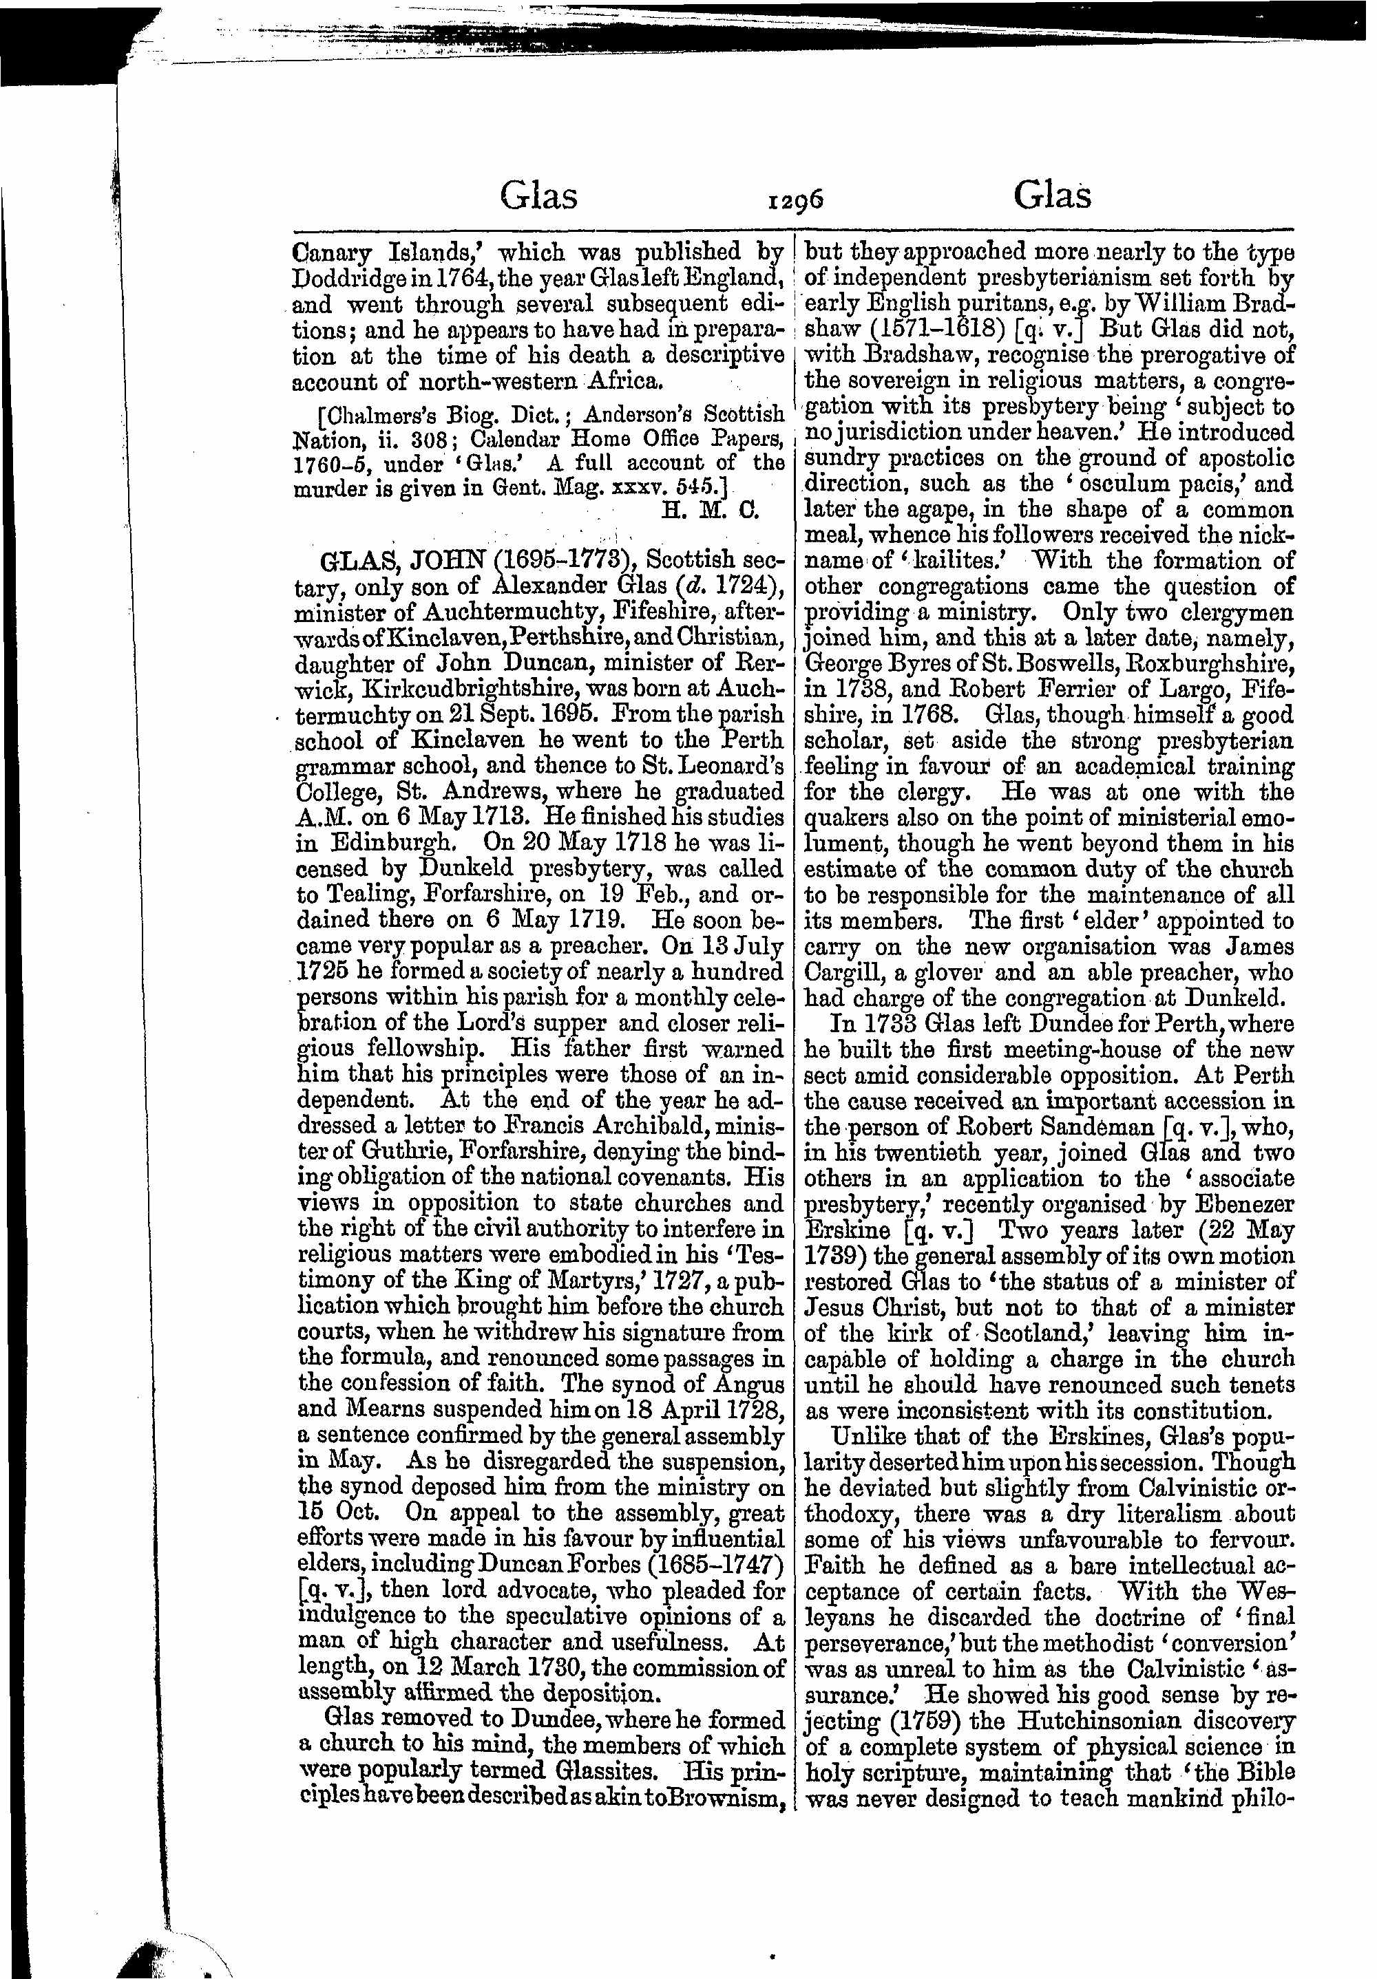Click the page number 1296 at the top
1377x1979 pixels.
[797, 201]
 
